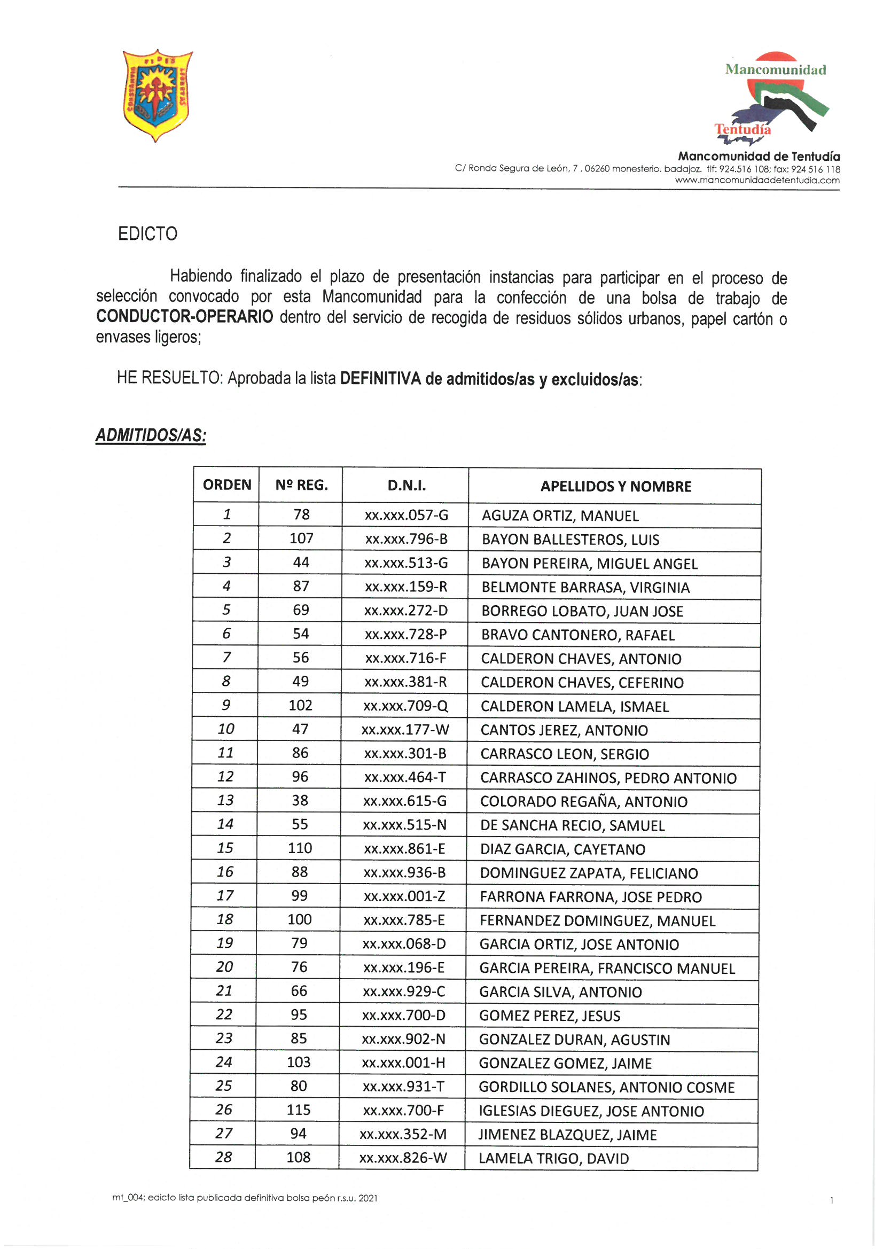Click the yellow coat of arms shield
(157, 95)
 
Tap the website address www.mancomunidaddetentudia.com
(757, 180)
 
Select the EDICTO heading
(147, 234)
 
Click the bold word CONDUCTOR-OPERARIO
(184, 317)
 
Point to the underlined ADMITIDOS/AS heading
(151, 436)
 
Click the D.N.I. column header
(406, 485)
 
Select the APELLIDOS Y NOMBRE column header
(615, 486)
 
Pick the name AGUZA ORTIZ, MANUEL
(560, 516)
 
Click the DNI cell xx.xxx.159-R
(406, 587)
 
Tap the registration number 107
(301, 538)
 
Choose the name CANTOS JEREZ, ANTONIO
(564, 730)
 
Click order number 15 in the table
(225, 848)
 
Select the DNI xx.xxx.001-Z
(404, 896)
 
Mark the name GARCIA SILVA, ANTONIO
(560, 992)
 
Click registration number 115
(299, 1110)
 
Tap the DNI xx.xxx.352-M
(403, 1134)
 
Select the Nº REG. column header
(301, 485)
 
